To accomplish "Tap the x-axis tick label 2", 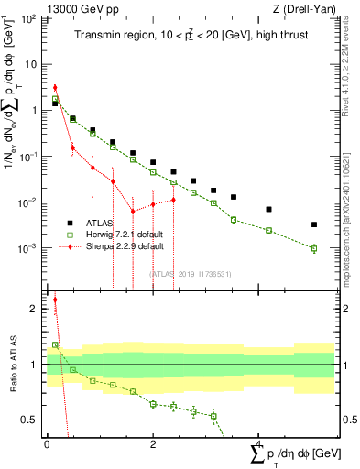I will [x=153, y=444].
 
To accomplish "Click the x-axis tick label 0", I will [x=47, y=444].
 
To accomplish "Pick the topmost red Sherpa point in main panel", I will [x=55, y=88].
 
